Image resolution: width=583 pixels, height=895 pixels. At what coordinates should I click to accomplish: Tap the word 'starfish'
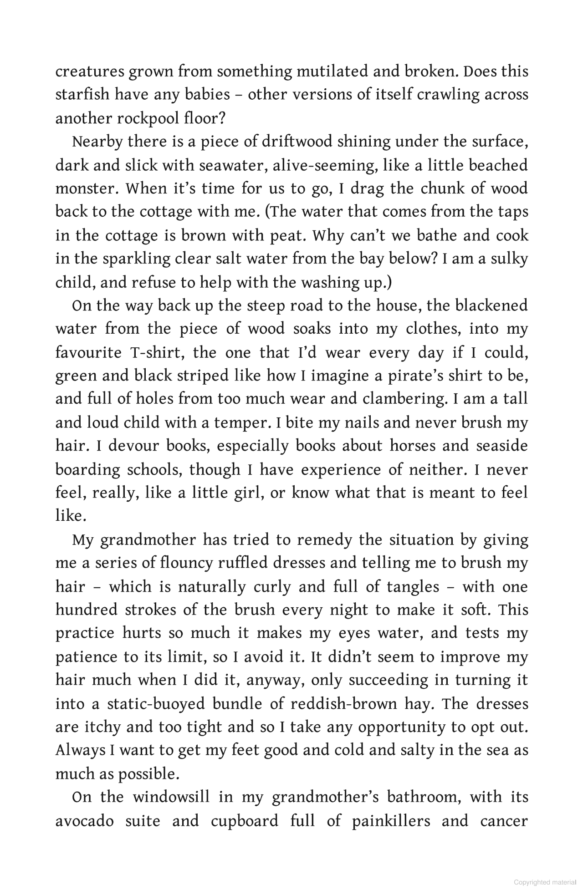pyautogui.click(x=82, y=95)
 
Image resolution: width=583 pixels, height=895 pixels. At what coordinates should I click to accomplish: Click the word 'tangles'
pyautogui.click(x=413, y=586)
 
